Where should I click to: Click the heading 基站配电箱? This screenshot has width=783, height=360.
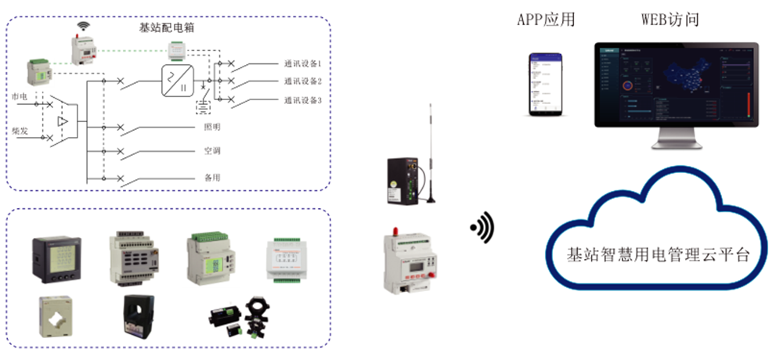161,27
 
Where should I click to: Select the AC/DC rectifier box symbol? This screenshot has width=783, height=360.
176,81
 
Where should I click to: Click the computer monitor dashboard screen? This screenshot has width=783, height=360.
676,85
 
